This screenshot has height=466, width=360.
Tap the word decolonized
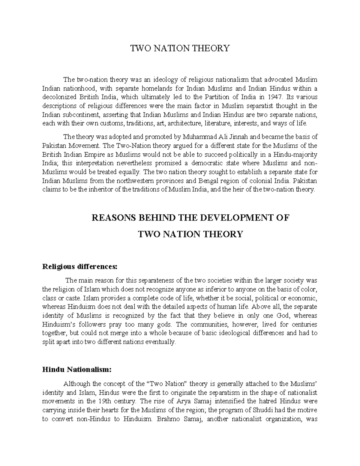tap(59, 97)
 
